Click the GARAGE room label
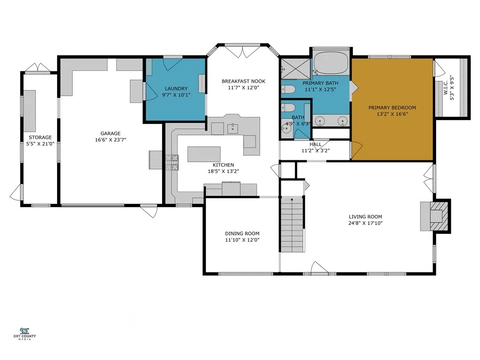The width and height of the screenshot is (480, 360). coord(110,134)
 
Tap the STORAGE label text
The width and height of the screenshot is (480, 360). coord(40,137)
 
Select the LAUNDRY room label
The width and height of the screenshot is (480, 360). coord(176,89)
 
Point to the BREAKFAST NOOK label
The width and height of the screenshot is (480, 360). coord(243,82)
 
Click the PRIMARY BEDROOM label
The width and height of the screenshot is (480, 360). coord(392,108)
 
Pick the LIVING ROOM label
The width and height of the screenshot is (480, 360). coord(366,217)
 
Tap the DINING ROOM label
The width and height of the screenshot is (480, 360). coord(242,233)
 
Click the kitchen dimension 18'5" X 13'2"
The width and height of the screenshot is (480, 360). coord(224,172)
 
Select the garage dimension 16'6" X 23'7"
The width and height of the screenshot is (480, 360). coord(111,140)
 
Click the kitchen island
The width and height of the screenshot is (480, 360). coord(204,154)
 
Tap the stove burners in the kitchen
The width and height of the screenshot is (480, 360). coord(172,162)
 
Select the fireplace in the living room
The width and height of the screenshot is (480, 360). coord(435,216)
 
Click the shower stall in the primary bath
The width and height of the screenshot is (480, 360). coord(296,68)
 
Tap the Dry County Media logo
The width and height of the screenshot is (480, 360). coord(24,334)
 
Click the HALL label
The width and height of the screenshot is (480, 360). coord(315,144)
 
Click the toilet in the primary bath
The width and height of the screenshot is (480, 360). coord(288,90)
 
